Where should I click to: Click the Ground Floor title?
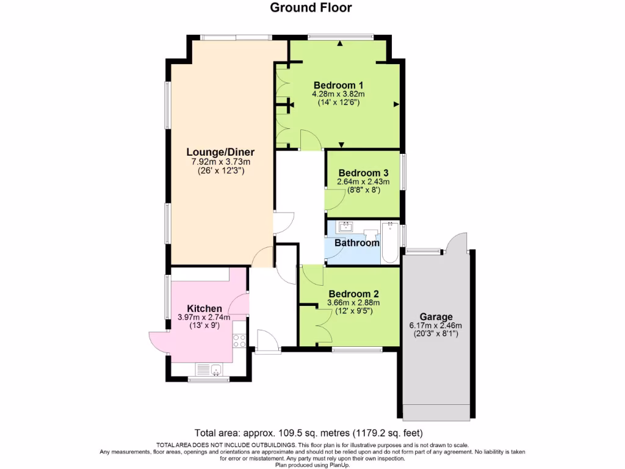tap(311, 8)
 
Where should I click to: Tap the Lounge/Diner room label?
tap(220, 152)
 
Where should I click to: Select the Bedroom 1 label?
tap(338, 85)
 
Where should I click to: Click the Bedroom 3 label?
tap(363, 172)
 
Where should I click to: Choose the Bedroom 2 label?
tap(353, 293)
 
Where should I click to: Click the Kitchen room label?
tap(204, 308)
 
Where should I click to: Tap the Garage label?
tap(436, 316)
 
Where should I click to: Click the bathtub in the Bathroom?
tap(389, 242)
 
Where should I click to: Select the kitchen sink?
tap(210, 369)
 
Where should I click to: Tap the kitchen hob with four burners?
tap(239, 341)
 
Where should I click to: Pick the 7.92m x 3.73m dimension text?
tap(220, 162)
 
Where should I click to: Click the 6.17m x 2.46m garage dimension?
tap(436, 325)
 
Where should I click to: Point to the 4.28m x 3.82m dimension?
tap(338, 94)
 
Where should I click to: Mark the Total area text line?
tap(312, 429)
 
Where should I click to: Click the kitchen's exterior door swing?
tap(161, 342)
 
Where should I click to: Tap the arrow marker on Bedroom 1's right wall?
tap(397, 105)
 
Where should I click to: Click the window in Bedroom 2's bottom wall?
tap(357, 349)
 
